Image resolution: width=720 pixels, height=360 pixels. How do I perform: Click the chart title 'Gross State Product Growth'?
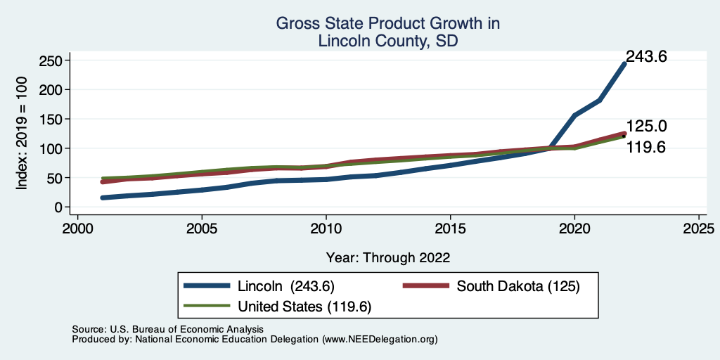(x=387, y=23)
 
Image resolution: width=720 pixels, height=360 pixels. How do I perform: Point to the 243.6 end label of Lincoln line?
(x=645, y=57)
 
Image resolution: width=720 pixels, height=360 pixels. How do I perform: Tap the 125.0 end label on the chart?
(x=646, y=127)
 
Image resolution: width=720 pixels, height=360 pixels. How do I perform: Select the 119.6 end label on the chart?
(x=646, y=148)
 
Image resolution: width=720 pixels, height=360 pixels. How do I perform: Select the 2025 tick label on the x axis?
(x=699, y=229)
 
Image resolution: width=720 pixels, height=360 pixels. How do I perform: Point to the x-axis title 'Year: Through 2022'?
(x=387, y=257)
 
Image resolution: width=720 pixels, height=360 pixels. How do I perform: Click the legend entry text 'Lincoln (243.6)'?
(x=285, y=286)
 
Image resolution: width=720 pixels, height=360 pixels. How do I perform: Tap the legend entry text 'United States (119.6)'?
(x=304, y=307)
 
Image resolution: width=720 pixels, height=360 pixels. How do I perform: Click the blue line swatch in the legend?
(x=207, y=286)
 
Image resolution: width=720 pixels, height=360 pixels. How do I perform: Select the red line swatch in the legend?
(x=424, y=286)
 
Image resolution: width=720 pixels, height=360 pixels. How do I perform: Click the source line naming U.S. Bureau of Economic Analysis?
(x=167, y=329)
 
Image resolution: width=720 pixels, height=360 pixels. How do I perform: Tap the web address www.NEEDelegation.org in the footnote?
(x=380, y=339)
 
